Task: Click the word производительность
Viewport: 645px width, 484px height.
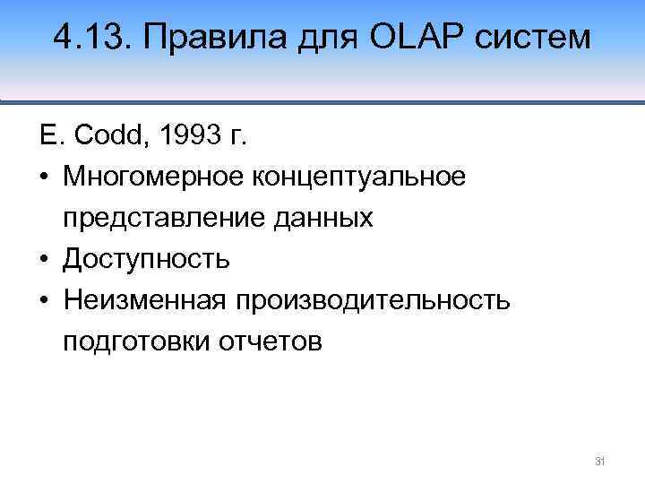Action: pos(373,300)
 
